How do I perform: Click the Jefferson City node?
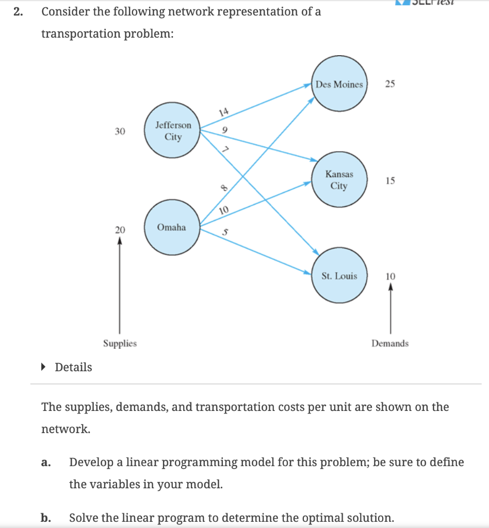[173, 131]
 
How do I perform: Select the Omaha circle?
[172, 228]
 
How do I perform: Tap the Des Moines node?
[339, 85]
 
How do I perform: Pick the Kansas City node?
[339, 180]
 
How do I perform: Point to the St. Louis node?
[339, 276]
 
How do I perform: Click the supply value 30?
[120, 131]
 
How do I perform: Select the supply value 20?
[120, 228]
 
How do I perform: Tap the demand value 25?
[390, 85]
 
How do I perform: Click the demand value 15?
[390, 181]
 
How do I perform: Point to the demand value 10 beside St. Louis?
[390, 277]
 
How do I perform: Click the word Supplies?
[120, 343]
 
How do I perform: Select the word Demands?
[390, 343]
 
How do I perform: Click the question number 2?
[19, 12]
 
